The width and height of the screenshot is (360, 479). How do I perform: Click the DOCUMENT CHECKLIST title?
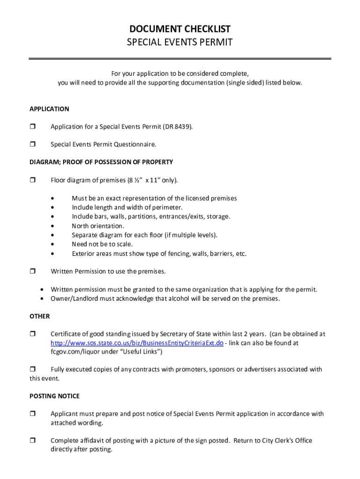point(180,29)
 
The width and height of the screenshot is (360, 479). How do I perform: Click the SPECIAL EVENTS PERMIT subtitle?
point(180,43)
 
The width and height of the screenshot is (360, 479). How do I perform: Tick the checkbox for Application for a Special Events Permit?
point(33,127)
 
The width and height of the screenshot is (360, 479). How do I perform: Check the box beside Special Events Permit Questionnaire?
point(33,145)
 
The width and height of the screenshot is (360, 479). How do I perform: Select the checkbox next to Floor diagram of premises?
point(33,180)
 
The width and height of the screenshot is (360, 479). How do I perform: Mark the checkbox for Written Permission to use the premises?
point(33,271)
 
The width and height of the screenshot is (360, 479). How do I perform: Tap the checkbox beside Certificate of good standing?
point(33,334)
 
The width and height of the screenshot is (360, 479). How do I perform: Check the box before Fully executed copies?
point(33,370)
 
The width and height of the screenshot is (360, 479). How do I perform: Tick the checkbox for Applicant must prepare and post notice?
point(33,414)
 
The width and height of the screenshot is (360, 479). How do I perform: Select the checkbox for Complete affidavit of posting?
point(33,441)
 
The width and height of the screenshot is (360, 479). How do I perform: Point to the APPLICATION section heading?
point(49,109)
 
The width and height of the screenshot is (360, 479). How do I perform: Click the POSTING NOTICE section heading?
point(54,396)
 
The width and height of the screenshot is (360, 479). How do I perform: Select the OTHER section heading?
point(39,316)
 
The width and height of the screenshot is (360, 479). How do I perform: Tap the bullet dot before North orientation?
point(57,226)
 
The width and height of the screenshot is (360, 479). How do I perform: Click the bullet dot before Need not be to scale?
point(57,245)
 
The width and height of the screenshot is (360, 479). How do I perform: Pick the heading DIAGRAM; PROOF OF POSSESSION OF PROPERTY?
point(101,162)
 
